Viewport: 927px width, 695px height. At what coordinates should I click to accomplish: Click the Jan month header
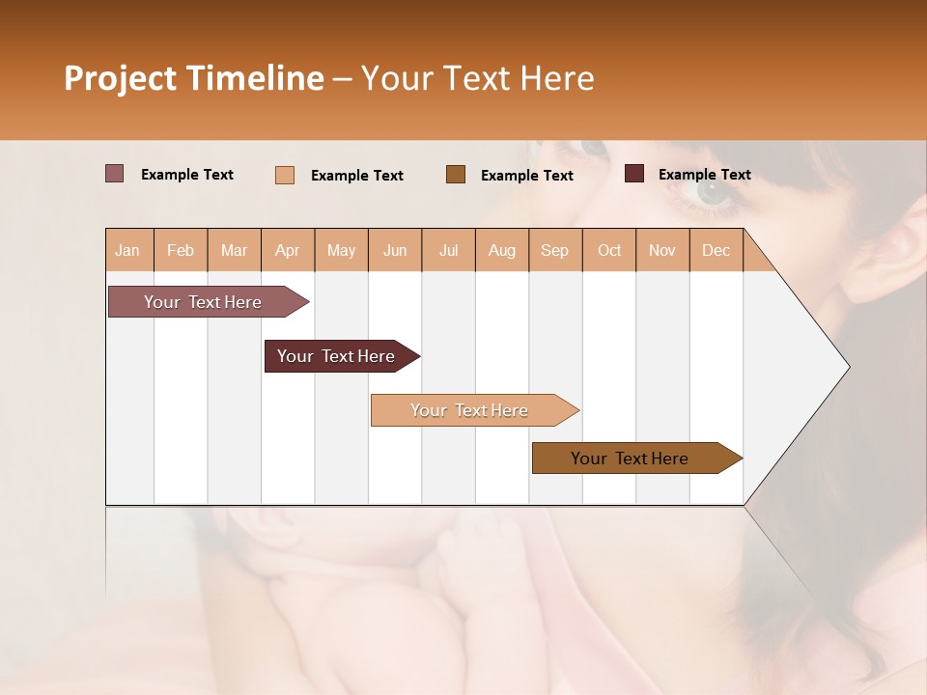click(x=127, y=250)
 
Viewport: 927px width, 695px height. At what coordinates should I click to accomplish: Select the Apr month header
click(x=287, y=250)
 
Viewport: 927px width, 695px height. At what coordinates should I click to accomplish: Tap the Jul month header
click(x=448, y=250)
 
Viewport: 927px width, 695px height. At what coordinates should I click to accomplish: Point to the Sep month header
click(x=554, y=250)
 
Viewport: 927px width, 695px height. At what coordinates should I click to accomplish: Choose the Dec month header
click(x=716, y=250)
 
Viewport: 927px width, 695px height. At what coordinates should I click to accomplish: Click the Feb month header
click(x=181, y=250)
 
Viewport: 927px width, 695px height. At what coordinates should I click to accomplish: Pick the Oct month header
click(x=609, y=250)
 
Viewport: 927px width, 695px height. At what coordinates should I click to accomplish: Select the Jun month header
click(x=395, y=250)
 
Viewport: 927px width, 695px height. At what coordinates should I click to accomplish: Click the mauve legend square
click(x=114, y=174)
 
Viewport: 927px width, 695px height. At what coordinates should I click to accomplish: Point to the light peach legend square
click(x=285, y=175)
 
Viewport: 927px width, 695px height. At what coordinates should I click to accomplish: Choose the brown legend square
click(x=456, y=174)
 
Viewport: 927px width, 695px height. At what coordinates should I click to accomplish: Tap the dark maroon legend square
click(x=634, y=174)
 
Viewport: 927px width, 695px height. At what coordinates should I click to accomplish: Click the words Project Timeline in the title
click(x=193, y=78)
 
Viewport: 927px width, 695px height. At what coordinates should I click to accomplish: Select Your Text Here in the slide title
click(x=477, y=78)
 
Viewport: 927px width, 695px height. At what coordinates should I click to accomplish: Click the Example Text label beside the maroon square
click(x=704, y=174)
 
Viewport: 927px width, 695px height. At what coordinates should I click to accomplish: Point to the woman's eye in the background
click(x=713, y=190)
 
